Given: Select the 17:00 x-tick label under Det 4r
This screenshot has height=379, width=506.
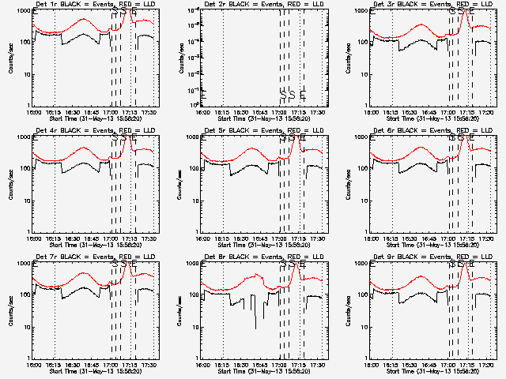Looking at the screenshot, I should point(111,238).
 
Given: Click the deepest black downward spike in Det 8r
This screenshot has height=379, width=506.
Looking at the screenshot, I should point(255,327).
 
